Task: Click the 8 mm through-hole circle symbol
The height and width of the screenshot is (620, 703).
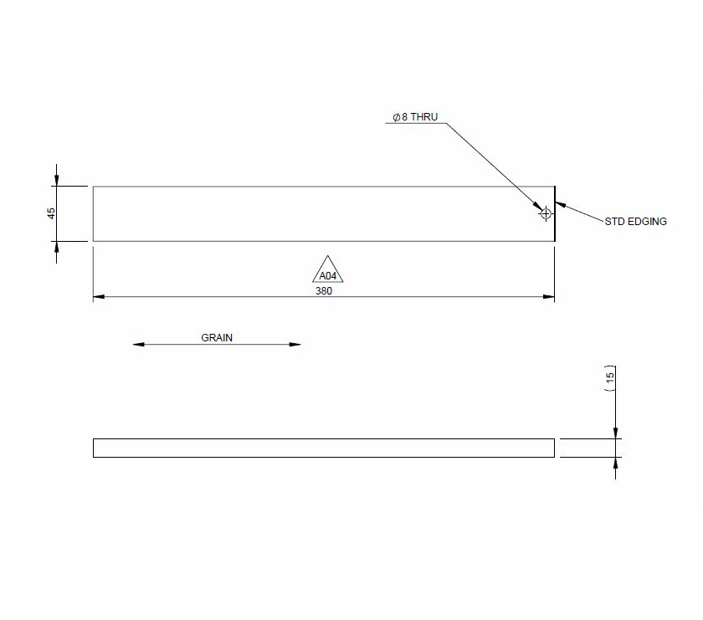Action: point(546,213)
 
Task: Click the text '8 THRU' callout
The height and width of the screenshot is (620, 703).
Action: point(419,118)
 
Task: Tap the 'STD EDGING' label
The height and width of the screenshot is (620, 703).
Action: point(636,222)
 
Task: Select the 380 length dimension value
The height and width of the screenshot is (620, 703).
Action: point(324,291)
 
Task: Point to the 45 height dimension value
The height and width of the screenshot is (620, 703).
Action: point(51,213)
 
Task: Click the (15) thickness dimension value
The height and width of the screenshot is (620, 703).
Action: point(610,377)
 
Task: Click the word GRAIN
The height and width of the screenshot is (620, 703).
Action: point(217,338)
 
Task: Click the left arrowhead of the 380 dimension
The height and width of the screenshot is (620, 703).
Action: point(98,297)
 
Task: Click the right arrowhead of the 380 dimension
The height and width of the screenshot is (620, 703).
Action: point(550,297)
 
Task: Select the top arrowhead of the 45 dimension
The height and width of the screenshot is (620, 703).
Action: point(57,181)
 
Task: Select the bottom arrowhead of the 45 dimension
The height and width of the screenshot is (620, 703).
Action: point(57,247)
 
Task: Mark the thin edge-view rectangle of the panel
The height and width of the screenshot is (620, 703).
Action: point(323,448)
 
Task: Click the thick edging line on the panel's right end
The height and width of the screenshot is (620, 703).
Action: point(556,213)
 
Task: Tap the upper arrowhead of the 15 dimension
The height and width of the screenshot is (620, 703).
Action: point(615,433)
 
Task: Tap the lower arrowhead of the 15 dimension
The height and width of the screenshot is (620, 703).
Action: point(615,463)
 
